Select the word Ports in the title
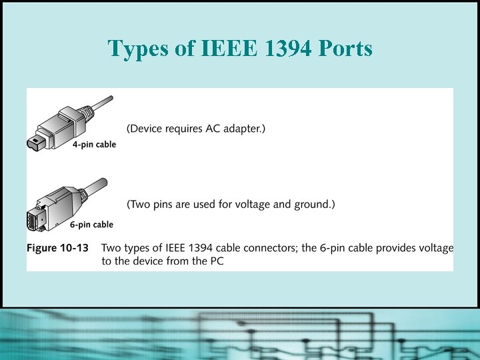click(345, 48)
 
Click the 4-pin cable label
click(94, 145)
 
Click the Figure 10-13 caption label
click(57, 248)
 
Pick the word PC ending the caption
click(216, 261)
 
